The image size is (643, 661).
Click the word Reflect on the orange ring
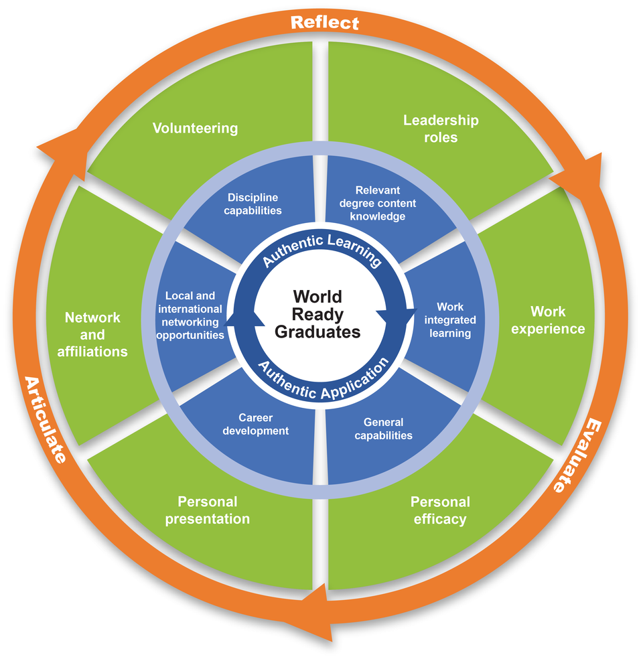tap(325, 23)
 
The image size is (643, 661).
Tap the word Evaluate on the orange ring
tap(575, 455)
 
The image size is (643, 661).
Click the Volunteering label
tap(195, 128)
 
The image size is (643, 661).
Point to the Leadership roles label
tap(441, 129)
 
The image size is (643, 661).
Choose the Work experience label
tap(548, 320)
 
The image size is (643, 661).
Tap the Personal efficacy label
tap(440, 510)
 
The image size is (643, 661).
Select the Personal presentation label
tap(208, 510)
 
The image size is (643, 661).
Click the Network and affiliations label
tap(92, 334)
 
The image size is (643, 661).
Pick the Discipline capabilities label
tap(253, 204)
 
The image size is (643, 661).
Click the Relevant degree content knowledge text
tap(378, 203)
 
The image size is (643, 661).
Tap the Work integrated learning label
tap(450, 320)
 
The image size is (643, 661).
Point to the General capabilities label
tap(384, 429)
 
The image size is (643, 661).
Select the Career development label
tap(255, 425)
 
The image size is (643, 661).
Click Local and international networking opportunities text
tap(190, 315)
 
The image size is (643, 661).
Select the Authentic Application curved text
tap(323, 380)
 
